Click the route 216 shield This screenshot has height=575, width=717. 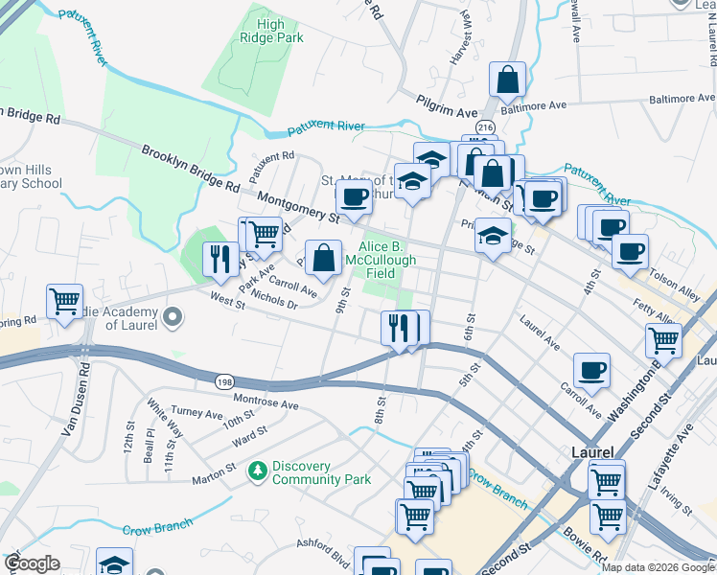coord(485,127)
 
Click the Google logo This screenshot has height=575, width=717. coord(31,563)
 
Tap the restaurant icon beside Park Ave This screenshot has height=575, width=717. coord(220,259)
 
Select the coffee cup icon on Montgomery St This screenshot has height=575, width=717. coord(354,198)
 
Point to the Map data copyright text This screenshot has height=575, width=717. coord(657,567)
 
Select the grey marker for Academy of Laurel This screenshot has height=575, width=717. coord(173,315)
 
